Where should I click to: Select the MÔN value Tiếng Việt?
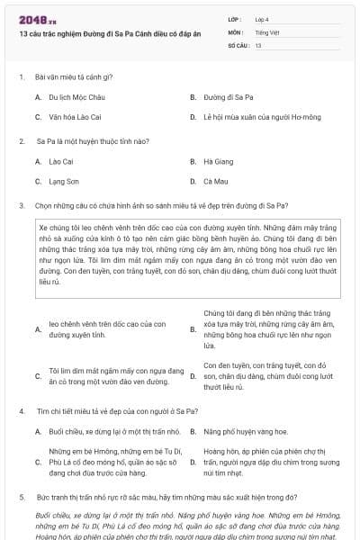coord(265,31)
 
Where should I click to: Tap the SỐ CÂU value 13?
coord(258,44)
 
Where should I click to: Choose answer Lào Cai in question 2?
coord(60,161)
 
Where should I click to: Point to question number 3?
coord(21,205)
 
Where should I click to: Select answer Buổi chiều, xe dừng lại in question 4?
coord(106,431)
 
